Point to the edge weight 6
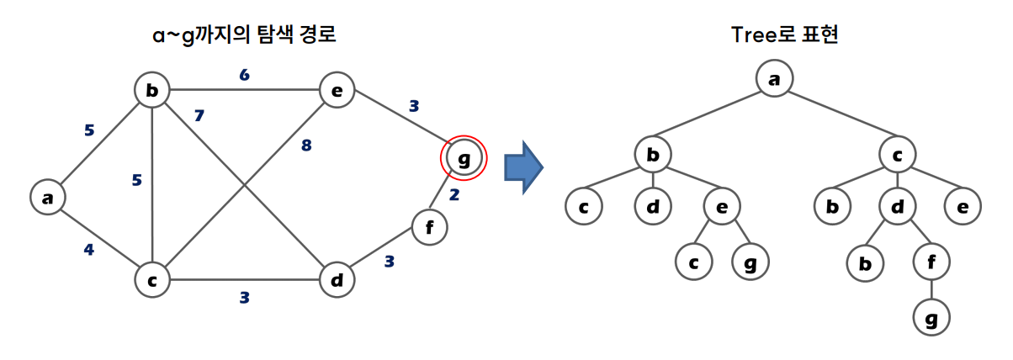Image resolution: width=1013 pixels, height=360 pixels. (245, 75)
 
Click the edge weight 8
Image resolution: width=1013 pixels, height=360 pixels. (305, 146)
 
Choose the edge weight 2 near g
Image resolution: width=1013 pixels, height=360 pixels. (453, 196)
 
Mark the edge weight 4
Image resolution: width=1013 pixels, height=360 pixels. (89, 249)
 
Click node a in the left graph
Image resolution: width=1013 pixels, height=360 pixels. (47, 198)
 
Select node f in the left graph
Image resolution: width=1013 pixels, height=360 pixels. (429, 227)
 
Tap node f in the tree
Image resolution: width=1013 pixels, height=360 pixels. (931, 262)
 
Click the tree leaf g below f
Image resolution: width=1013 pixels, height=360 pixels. (931, 319)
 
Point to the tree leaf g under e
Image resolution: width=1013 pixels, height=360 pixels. (750, 262)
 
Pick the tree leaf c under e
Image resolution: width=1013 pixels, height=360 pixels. (692, 262)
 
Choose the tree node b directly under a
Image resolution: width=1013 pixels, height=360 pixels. (652, 155)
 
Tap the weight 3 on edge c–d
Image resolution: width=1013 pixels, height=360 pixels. (245, 296)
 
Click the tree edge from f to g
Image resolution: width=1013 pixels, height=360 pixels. (931, 290)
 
